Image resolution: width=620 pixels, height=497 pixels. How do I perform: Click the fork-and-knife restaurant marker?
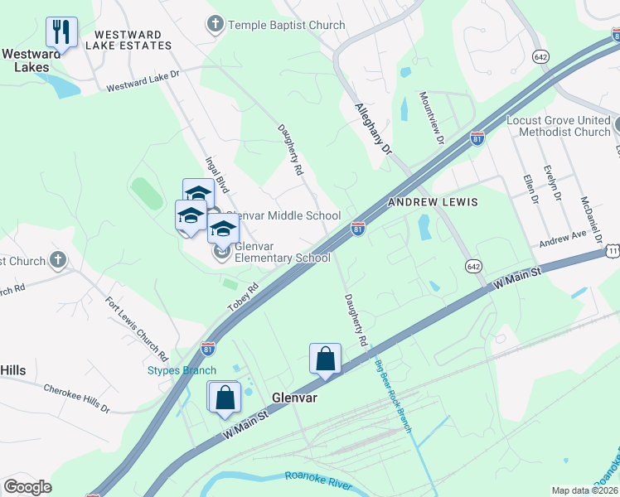coord(61,32)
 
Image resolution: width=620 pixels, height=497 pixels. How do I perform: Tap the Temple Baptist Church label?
coord(286,25)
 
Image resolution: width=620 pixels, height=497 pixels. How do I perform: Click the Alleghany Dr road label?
coord(372,129)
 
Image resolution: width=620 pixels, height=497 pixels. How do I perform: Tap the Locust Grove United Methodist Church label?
coord(558,126)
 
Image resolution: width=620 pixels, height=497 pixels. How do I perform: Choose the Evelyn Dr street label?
coord(551,186)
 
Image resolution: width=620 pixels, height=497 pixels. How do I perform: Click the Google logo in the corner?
coord(27,487)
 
